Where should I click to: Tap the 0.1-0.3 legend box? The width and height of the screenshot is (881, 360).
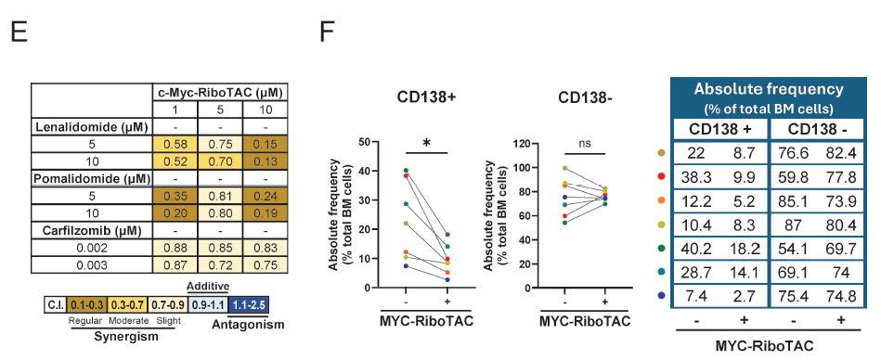(x=85, y=304)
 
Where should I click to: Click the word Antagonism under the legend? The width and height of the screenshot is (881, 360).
(x=249, y=324)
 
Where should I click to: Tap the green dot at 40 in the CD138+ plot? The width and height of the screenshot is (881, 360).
(x=406, y=170)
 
